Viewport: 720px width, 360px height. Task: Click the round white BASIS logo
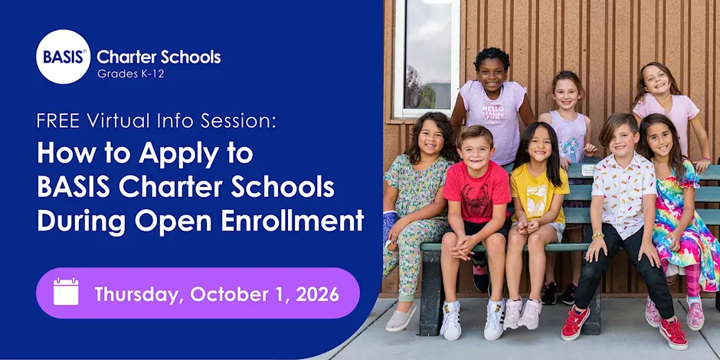[x=63, y=57]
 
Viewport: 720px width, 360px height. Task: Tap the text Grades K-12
[x=130, y=74]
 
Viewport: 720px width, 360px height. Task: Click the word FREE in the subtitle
[x=59, y=121]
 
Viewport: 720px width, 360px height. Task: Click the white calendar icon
[x=66, y=292]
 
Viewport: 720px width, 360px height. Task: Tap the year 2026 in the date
[x=317, y=294]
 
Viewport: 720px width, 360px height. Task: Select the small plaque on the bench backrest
[x=587, y=170]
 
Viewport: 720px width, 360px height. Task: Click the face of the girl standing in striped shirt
[x=491, y=74]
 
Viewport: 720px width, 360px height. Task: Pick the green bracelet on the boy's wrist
[x=597, y=236]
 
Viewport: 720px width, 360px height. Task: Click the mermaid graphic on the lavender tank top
[x=571, y=139]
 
